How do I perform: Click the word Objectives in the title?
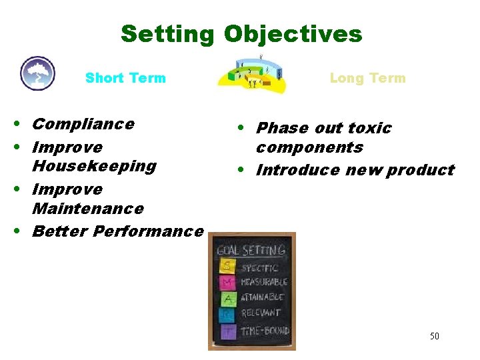293,33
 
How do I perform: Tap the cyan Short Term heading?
125,78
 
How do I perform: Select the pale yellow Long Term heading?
367,78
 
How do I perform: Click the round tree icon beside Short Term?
37,73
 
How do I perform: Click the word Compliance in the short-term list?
83,124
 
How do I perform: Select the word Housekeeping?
94,166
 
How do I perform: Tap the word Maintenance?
87,209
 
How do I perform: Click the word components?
309,147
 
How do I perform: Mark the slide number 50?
434,336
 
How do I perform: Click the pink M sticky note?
227,282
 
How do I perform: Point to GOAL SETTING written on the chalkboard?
251,251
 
